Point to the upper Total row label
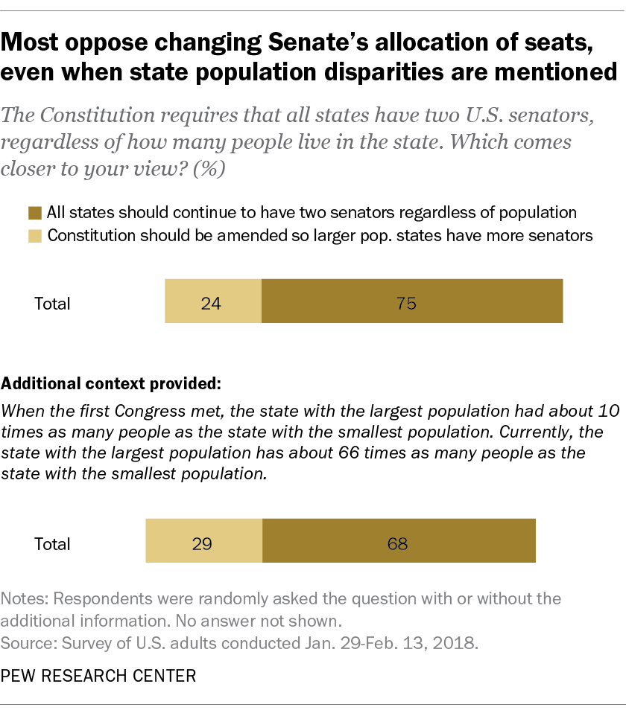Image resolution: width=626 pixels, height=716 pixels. tap(52, 304)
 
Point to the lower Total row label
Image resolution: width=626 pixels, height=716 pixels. tap(52, 543)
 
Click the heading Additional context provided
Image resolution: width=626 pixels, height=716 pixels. tap(112, 385)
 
